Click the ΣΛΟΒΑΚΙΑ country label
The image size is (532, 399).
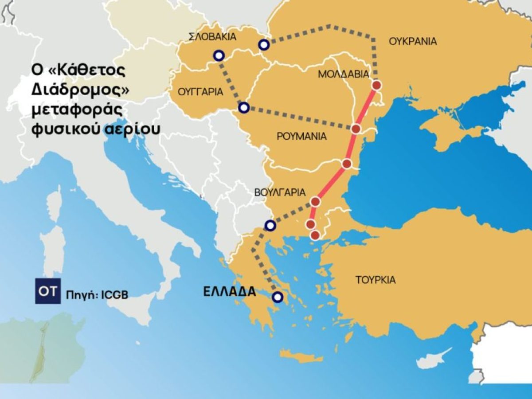(x=213, y=37)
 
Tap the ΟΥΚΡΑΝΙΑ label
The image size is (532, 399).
(x=413, y=42)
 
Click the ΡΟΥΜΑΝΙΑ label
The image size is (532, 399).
(x=301, y=136)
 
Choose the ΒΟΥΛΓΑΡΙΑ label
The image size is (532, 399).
(x=280, y=192)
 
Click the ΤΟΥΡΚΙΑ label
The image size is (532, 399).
(x=376, y=280)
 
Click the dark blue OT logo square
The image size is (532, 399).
(x=47, y=292)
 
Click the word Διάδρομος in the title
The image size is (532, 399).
(x=80, y=89)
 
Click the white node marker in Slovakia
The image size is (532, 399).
(x=219, y=55)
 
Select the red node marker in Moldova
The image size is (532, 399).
(x=376, y=85)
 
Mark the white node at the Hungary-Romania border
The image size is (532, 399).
(x=244, y=108)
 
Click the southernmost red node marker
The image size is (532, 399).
(x=315, y=235)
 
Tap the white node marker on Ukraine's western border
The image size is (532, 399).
(x=264, y=45)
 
